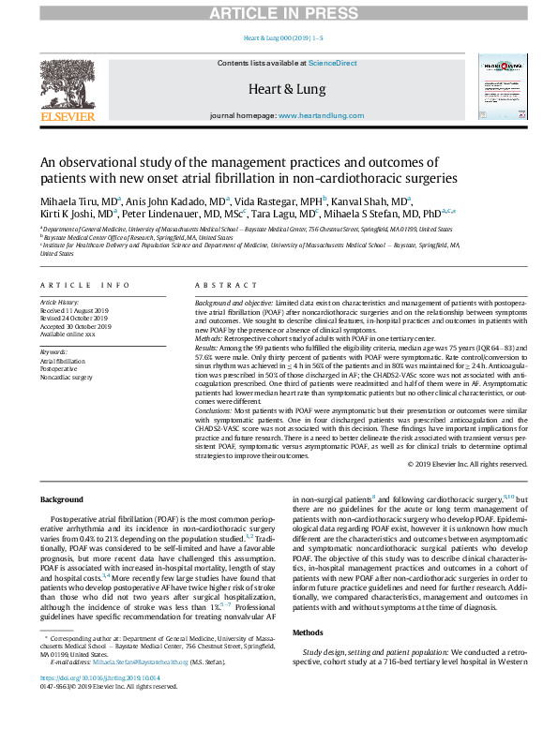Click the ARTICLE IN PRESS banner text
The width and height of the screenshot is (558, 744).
click(x=279, y=11)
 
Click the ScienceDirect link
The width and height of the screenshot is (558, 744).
click(x=334, y=62)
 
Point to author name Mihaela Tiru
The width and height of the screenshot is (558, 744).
click(x=78, y=201)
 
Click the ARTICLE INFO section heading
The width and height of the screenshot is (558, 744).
click(x=84, y=284)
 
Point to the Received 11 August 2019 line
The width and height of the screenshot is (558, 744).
click(x=81, y=310)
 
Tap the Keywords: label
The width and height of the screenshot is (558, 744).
click(x=54, y=351)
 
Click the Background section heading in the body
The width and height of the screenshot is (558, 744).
click(x=65, y=501)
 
